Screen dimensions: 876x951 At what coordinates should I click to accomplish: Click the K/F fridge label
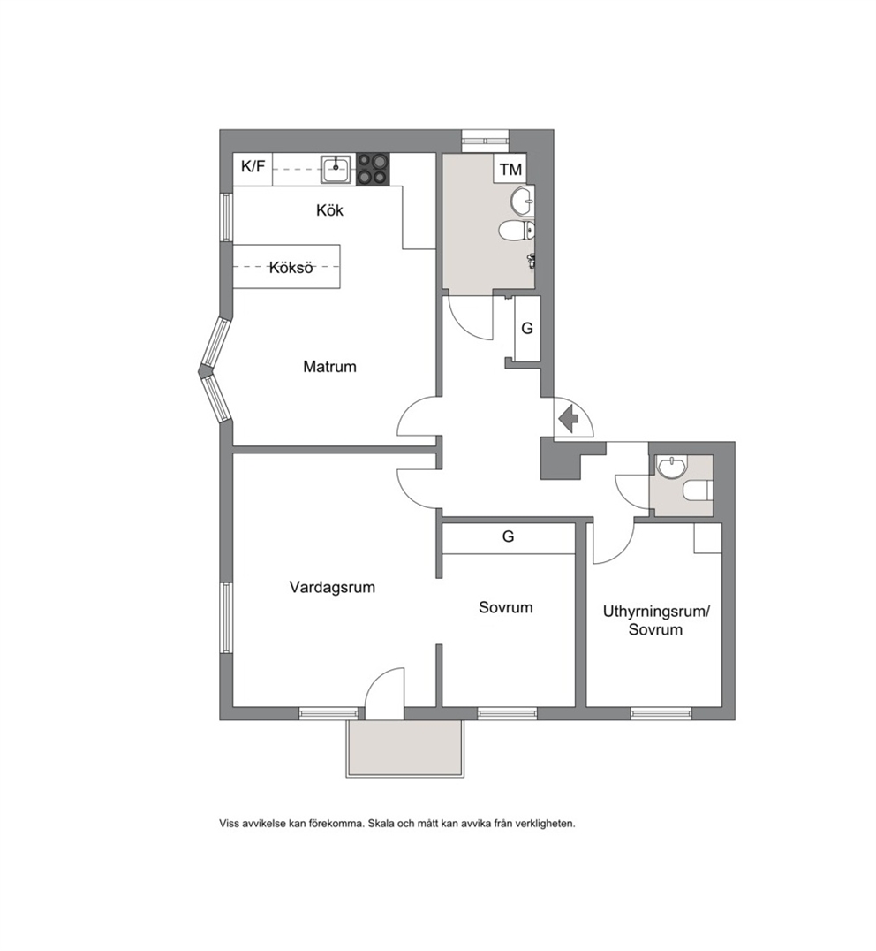coord(253,166)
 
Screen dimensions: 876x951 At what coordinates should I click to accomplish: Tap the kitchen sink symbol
coord(336,168)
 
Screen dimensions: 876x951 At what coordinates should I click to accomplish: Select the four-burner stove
coord(373,169)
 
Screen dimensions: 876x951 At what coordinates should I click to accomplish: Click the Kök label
coord(329,209)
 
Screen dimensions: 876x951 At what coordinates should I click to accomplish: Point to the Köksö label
coord(291,267)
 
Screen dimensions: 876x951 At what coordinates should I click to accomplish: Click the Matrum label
coord(329,366)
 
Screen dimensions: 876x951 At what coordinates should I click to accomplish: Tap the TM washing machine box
coord(511,169)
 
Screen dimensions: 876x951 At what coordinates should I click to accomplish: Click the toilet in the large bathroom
coord(517,230)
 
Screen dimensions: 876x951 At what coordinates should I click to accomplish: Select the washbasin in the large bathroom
coord(522,200)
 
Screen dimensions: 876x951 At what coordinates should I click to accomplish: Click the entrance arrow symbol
coord(568,418)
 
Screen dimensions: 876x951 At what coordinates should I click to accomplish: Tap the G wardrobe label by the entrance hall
coord(527,328)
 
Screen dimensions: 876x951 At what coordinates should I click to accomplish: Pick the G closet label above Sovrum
coord(508,536)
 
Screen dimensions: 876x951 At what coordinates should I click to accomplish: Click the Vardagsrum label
coord(332,587)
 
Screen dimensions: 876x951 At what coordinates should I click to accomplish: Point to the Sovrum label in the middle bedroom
coord(506,607)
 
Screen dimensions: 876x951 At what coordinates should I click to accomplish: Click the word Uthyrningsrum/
coord(655,612)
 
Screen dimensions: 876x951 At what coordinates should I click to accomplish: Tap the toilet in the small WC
coord(698,491)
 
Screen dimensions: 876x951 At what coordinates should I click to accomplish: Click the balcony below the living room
coord(404,749)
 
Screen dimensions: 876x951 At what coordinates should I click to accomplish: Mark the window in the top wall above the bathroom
coord(486,141)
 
